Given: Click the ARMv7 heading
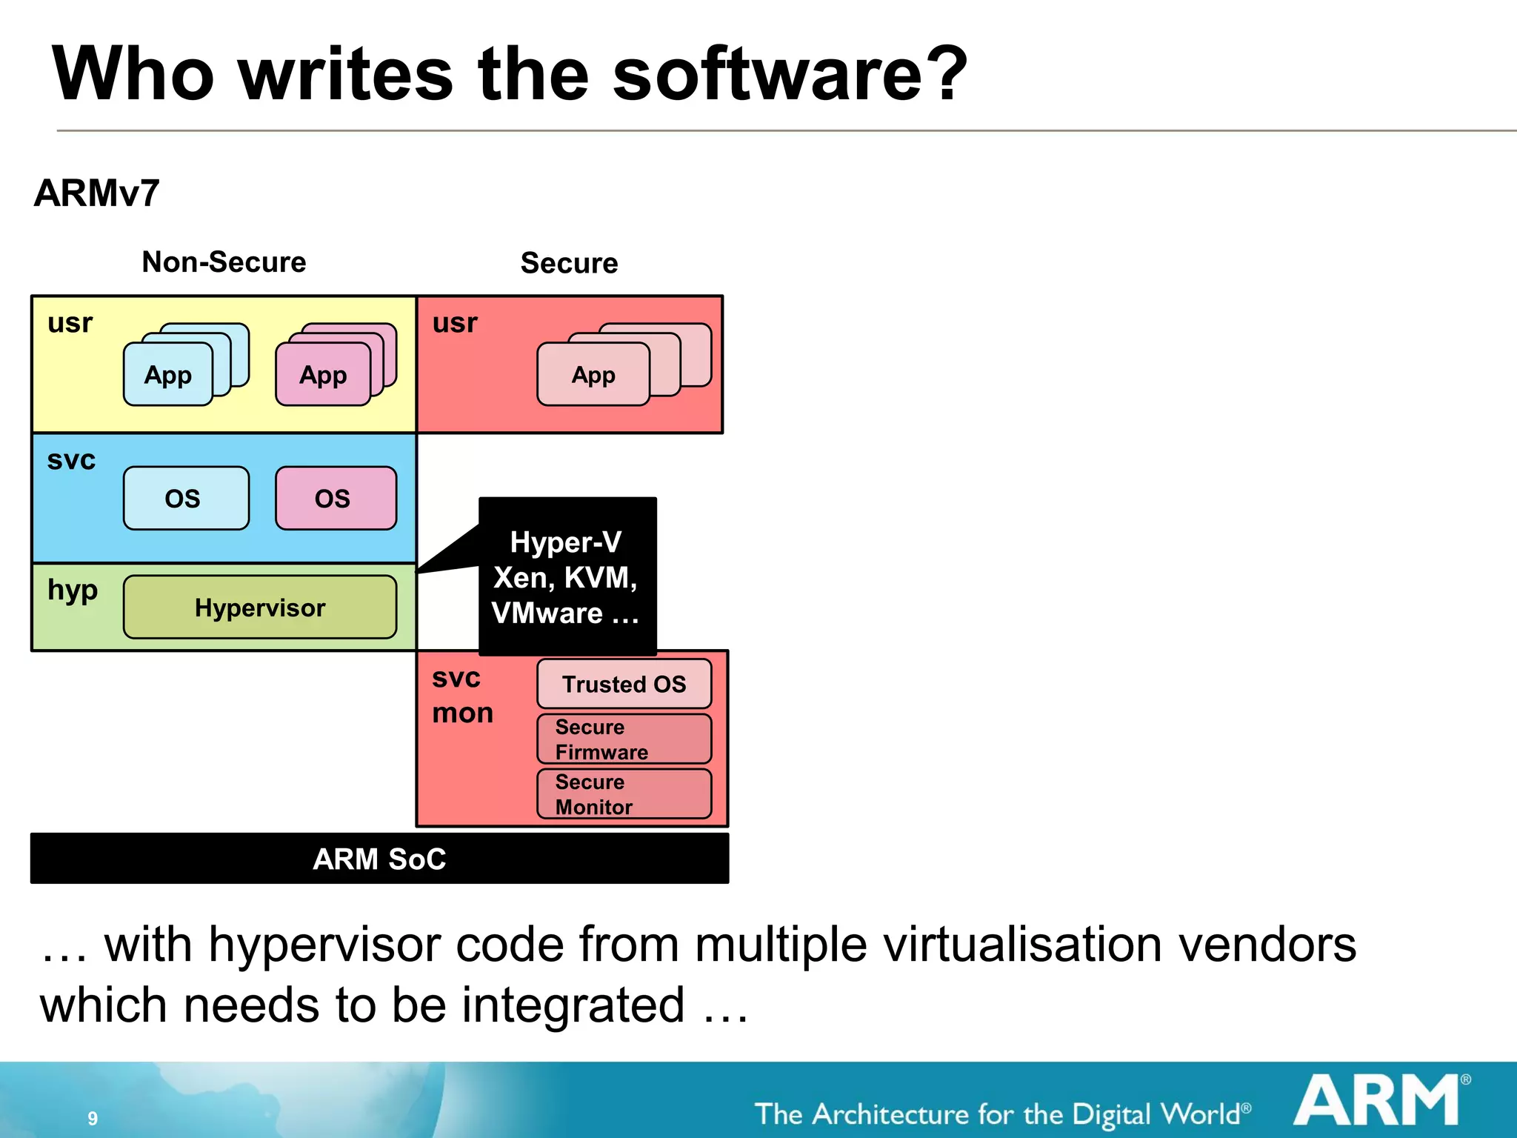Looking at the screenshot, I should click(97, 193).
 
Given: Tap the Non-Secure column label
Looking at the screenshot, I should click(224, 262).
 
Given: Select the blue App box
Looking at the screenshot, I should click(168, 375).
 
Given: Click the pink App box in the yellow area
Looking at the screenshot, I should click(323, 375).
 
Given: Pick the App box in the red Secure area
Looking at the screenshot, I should click(593, 375).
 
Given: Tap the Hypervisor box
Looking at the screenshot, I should click(260, 608).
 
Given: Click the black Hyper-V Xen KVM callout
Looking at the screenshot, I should click(567, 577).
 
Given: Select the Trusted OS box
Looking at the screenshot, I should click(624, 684).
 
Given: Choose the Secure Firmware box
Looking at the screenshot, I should click(624, 739).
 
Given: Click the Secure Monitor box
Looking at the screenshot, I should click(624, 794).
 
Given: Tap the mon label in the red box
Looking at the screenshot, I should click(463, 713).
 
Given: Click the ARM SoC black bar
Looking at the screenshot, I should click(379, 859).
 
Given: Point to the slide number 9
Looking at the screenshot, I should click(93, 1118).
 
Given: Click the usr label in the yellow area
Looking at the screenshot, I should click(70, 323).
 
